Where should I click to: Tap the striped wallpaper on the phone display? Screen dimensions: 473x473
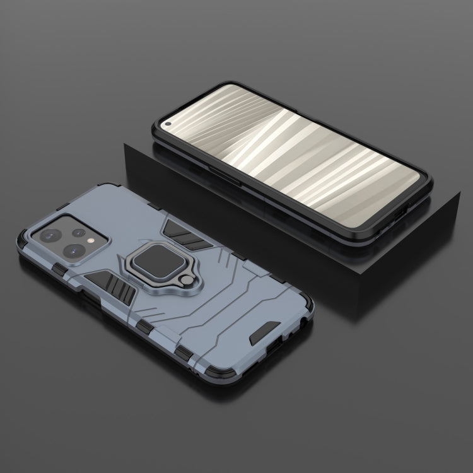tap(303, 158)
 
